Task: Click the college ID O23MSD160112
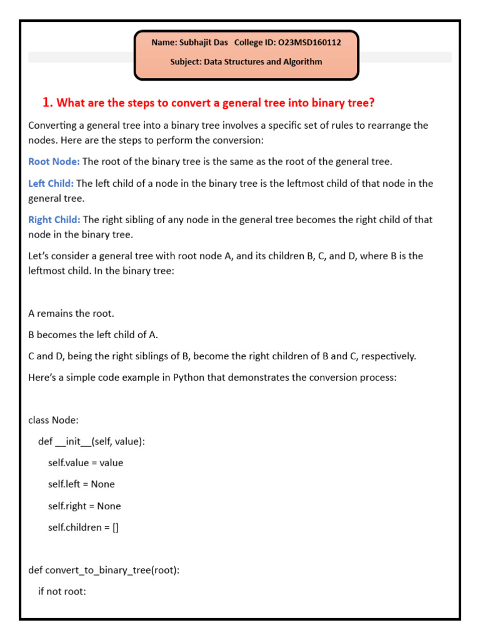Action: click(x=309, y=42)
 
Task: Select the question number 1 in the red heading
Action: click(x=46, y=102)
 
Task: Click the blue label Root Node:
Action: click(x=54, y=162)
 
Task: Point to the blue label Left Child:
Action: click(x=51, y=184)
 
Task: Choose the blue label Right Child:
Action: click(x=54, y=220)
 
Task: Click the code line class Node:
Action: click(x=54, y=420)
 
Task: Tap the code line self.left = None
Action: click(x=81, y=484)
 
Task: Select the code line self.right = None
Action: click(x=84, y=506)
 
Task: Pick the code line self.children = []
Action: click(x=83, y=527)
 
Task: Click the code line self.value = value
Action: click(x=86, y=463)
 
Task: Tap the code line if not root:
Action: click(x=62, y=591)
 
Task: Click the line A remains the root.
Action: click(x=71, y=314)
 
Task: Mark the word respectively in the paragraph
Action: click(x=387, y=356)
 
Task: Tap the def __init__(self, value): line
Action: click(x=91, y=442)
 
